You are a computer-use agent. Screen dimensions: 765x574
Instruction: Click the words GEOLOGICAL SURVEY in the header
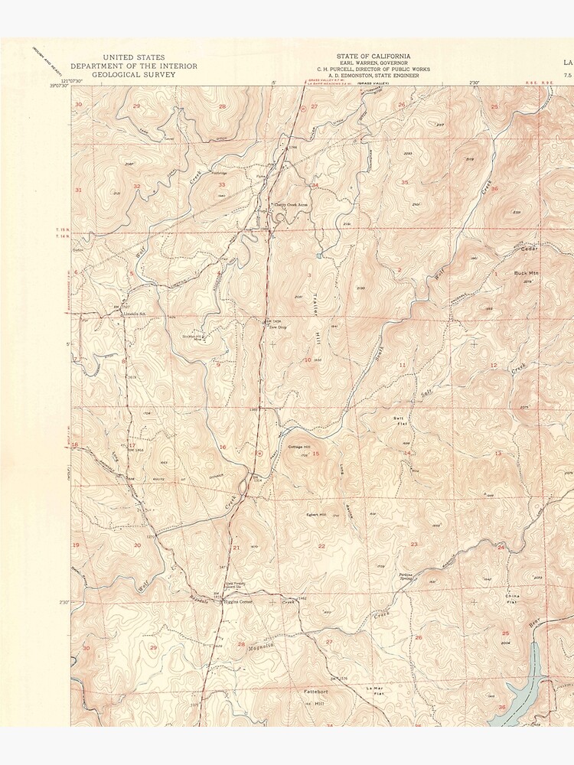(x=134, y=74)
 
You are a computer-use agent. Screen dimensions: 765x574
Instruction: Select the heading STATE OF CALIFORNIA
(x=373, y=56)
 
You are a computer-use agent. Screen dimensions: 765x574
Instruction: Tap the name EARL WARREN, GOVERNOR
(x=373, y=63)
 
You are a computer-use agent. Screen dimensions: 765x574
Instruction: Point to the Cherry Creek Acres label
(x=290, y=204)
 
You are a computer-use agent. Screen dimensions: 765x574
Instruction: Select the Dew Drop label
(x=276, y=327)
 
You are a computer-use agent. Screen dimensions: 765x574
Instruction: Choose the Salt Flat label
(x=399, y=421)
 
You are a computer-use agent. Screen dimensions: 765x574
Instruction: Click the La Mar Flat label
(x=374, y=691)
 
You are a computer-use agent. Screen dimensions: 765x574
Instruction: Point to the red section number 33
(x=221, y=184)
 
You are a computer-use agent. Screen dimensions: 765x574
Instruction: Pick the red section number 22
(x=321, y=545)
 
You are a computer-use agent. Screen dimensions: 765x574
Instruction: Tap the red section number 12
(x=493, y=366)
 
